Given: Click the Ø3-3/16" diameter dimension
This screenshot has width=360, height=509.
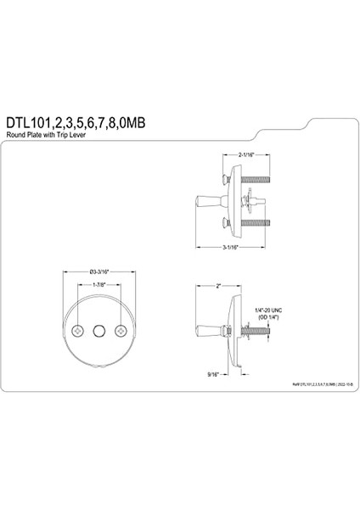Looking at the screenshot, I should (98, 271).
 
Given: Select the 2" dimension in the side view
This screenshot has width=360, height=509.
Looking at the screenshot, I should (218, 287).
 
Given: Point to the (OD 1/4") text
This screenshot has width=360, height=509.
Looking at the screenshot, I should (268, 318).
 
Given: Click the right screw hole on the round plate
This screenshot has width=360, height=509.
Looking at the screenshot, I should (121, 328).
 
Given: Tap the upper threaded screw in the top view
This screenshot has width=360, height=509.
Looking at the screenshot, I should (256, 180).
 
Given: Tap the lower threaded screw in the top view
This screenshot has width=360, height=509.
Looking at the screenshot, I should (256, 223).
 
